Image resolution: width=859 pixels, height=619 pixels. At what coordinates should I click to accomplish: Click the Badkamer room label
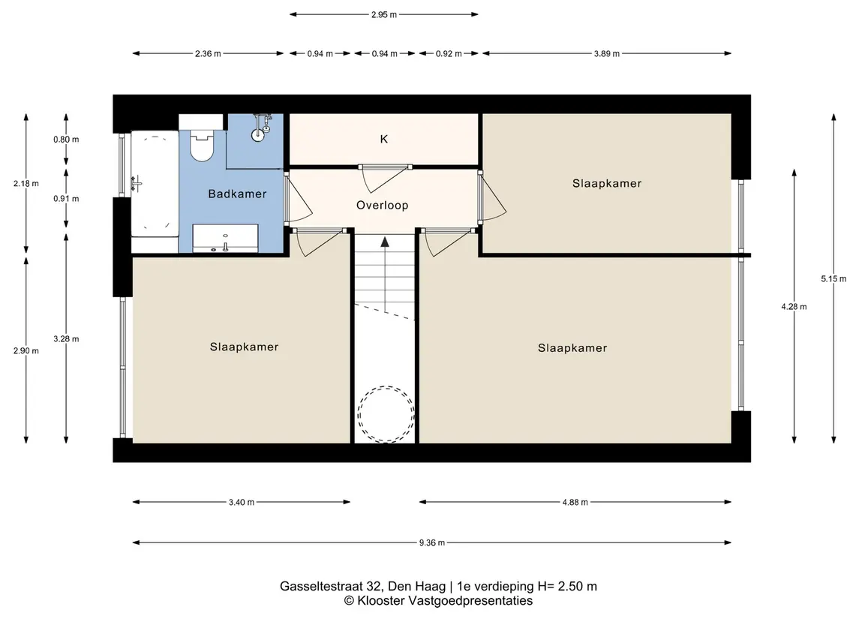tap(237, 194)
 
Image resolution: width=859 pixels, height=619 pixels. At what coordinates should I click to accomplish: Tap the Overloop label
tap(383, 206)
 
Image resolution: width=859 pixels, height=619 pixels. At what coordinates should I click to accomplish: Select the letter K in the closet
tap(384, 139)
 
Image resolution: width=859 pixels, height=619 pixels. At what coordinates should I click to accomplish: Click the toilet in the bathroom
tap(202, 145)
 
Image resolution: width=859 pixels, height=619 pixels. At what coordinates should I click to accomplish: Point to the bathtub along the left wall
tap(155, 184)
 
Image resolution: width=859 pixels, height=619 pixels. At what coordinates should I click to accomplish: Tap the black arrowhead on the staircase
tap(385, 242)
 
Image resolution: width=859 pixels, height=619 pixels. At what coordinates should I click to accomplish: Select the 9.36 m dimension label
tap(432, 543)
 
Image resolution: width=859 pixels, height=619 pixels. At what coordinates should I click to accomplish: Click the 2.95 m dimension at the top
tap(383, 15)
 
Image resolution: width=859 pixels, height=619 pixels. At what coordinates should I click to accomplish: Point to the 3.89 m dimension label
tap(606, 54)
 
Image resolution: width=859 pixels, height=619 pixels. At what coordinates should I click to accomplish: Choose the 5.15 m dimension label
tap(833, 279)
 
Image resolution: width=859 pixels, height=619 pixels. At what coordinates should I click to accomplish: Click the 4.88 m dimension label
tap(575, 502)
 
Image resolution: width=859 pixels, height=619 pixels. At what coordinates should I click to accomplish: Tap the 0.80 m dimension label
tap(66, 140)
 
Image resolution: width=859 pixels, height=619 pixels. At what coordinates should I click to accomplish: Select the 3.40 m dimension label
tap(241, 502)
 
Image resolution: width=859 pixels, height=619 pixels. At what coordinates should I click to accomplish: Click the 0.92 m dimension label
tap(449, 54)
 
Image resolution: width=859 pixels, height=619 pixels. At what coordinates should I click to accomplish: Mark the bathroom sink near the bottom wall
tap(225, 239)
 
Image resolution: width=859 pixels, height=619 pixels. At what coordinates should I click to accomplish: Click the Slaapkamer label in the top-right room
tap(607, 184)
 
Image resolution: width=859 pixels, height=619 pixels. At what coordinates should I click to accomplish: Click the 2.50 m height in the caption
tap(577, 587)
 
